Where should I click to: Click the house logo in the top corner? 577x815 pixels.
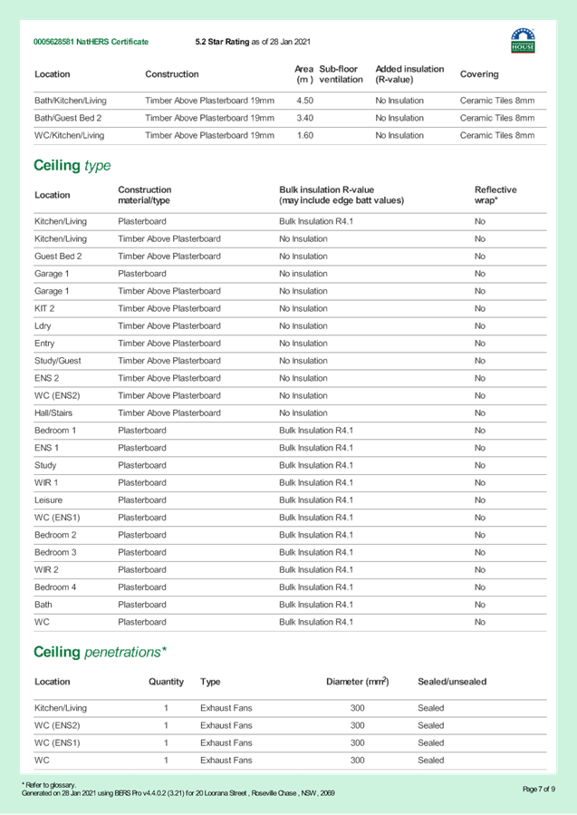tap(523, 40)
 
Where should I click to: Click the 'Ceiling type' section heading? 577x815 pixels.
tap(72, 166)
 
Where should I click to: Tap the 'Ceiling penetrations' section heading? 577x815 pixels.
tap(100, 652)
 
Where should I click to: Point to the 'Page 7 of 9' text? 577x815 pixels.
tap(538, 789)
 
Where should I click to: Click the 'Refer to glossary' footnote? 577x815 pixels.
tap(49, 785)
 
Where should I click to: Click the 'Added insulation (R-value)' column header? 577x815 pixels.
tap(409, 74)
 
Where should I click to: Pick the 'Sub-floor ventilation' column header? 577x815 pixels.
tap(339, 74)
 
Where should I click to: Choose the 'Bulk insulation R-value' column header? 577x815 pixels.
tap(341, 195)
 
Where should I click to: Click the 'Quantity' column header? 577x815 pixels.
tap(166, 682)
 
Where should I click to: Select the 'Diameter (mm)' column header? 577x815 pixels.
tap(357, 682)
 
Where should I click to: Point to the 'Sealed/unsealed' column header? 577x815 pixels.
tap(451, 682)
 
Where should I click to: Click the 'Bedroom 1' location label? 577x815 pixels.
tap(55, 431)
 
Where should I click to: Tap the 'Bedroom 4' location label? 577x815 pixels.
tap(55, 587)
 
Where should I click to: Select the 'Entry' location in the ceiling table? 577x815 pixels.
tap(44, 344)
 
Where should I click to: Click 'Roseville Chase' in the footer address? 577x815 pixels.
tap(278, 793)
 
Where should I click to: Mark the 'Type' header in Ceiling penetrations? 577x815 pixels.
tap(209, 682)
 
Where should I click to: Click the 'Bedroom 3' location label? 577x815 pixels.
tap(55, 552)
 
